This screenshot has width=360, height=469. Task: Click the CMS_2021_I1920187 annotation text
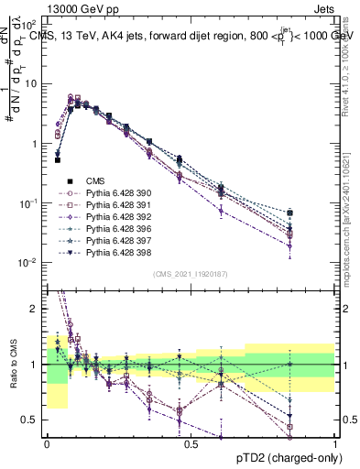(191, 274)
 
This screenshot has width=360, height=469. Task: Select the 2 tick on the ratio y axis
(34, 310)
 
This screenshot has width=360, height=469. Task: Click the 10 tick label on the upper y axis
(30, 84)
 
